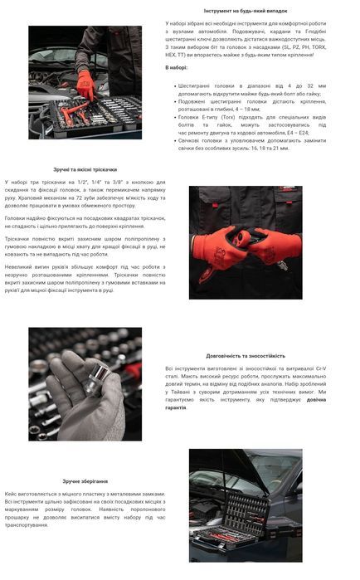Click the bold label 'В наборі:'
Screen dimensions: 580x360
pyautogui.click(x=177, y=67)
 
